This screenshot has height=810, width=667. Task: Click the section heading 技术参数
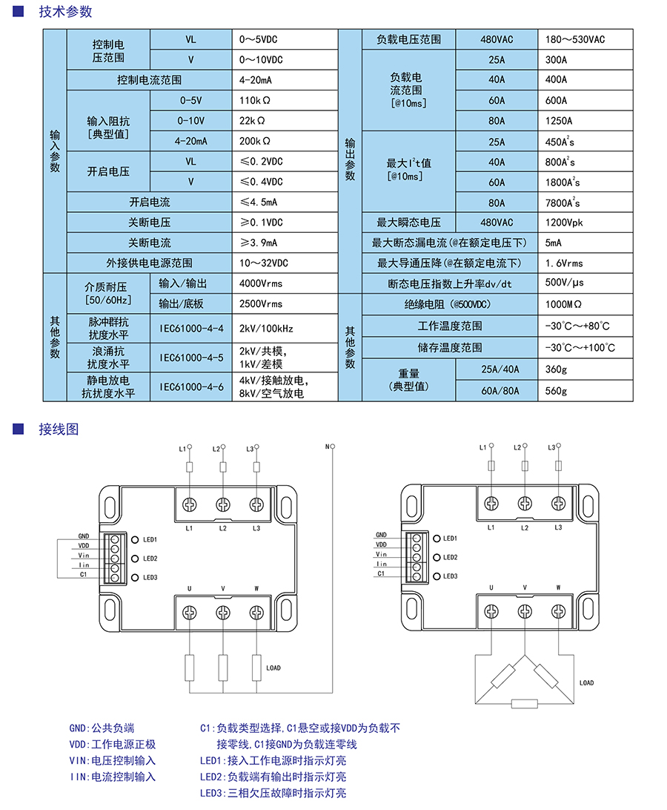pyautogui.click(x=65, y=12)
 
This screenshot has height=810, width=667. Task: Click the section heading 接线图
pyautogui.click(x=58, y=429)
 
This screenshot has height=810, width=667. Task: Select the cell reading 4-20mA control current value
pyautogui.click(x=256, y=80)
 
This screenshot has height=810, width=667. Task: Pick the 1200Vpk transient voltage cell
pyautogui.click(x=564, y=223)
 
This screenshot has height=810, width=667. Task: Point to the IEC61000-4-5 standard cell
pyautogui.click(x=191, y=358)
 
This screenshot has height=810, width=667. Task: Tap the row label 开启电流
pyautogui.click(x=150, y=202)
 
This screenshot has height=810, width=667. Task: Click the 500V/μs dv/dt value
pyautogui.click(x=565, y=283)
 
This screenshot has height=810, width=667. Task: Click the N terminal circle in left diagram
pyautogui.click(x=333, y=447)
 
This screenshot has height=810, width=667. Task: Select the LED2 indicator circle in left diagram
pyautogui.click(x=136, y=559)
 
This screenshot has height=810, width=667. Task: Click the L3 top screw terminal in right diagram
pyautogui.click(x=559, y=503)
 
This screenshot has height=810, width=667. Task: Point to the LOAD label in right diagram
pyautogui.click(x=586, y=682)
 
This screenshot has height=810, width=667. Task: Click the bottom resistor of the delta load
pyautogui.click(x=525, y=703)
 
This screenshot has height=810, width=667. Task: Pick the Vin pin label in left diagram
pyautogui.click(x=84, y=556)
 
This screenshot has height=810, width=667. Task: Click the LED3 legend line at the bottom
pyautogui.click(x=273, y=793)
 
